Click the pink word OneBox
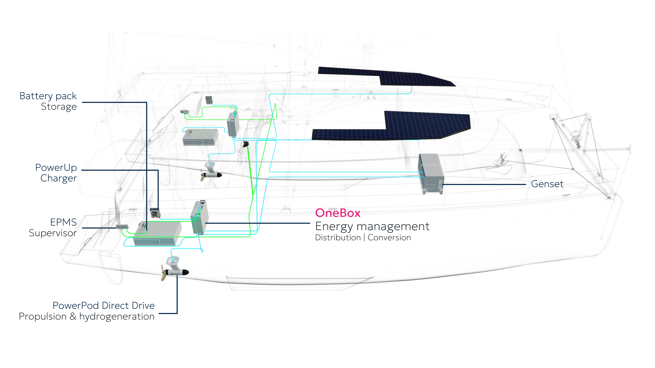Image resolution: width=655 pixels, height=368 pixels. point(337,213)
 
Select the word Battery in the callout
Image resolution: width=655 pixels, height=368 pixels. point(36,96)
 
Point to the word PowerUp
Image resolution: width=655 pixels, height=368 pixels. point(56,168)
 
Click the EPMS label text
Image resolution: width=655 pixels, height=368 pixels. point(63,222)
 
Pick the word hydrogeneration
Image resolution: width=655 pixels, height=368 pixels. point(117,317)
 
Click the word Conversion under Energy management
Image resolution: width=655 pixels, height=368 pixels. point(389,237)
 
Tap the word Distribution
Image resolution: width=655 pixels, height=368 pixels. point(338,237)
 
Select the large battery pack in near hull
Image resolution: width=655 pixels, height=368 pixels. point(158,233)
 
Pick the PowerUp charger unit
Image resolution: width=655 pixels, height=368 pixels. point(155,213)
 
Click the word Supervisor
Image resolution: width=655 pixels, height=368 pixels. point(53,233)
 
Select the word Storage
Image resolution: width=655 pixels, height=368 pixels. point(59,107)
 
